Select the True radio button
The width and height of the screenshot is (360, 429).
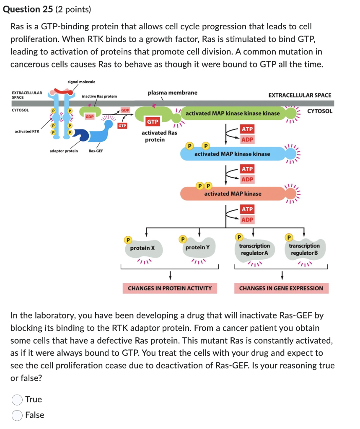click(17, 400)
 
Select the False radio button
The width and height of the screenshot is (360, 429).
click(17, 415)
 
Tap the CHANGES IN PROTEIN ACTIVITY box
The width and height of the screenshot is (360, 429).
click(170, 288)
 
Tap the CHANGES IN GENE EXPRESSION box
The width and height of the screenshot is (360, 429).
click(281, 288)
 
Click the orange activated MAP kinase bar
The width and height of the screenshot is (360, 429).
click(233, 194)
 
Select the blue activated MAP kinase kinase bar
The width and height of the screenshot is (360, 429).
click(232, 154)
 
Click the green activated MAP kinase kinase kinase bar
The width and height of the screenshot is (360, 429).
click(233, 113)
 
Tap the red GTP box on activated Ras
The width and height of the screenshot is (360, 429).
click(153, 121)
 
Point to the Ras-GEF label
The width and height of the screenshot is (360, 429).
click(96, 151)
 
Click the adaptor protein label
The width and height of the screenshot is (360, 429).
click(64, 151)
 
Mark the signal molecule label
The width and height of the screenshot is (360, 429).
click(81, 82)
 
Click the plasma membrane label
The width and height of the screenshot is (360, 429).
click(172, 93)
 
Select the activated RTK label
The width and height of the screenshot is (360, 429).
click(27, 132)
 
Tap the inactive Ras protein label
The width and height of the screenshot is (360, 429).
click(99, 96)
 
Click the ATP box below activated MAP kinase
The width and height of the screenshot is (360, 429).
click(247, 209)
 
